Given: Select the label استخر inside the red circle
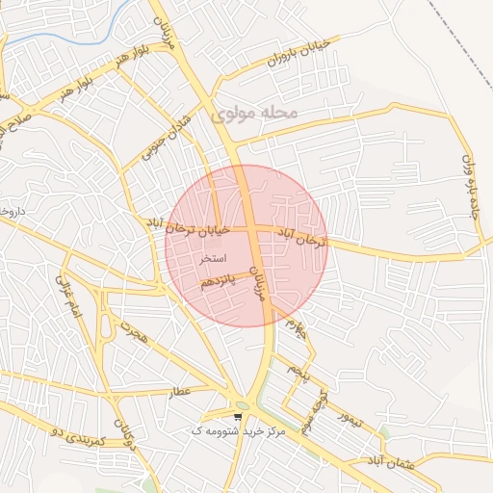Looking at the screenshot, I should point(212,259).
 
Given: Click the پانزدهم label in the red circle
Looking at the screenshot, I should point(217,281).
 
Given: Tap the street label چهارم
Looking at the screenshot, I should point(299,336).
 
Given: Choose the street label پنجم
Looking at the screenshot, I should point(295,370).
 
